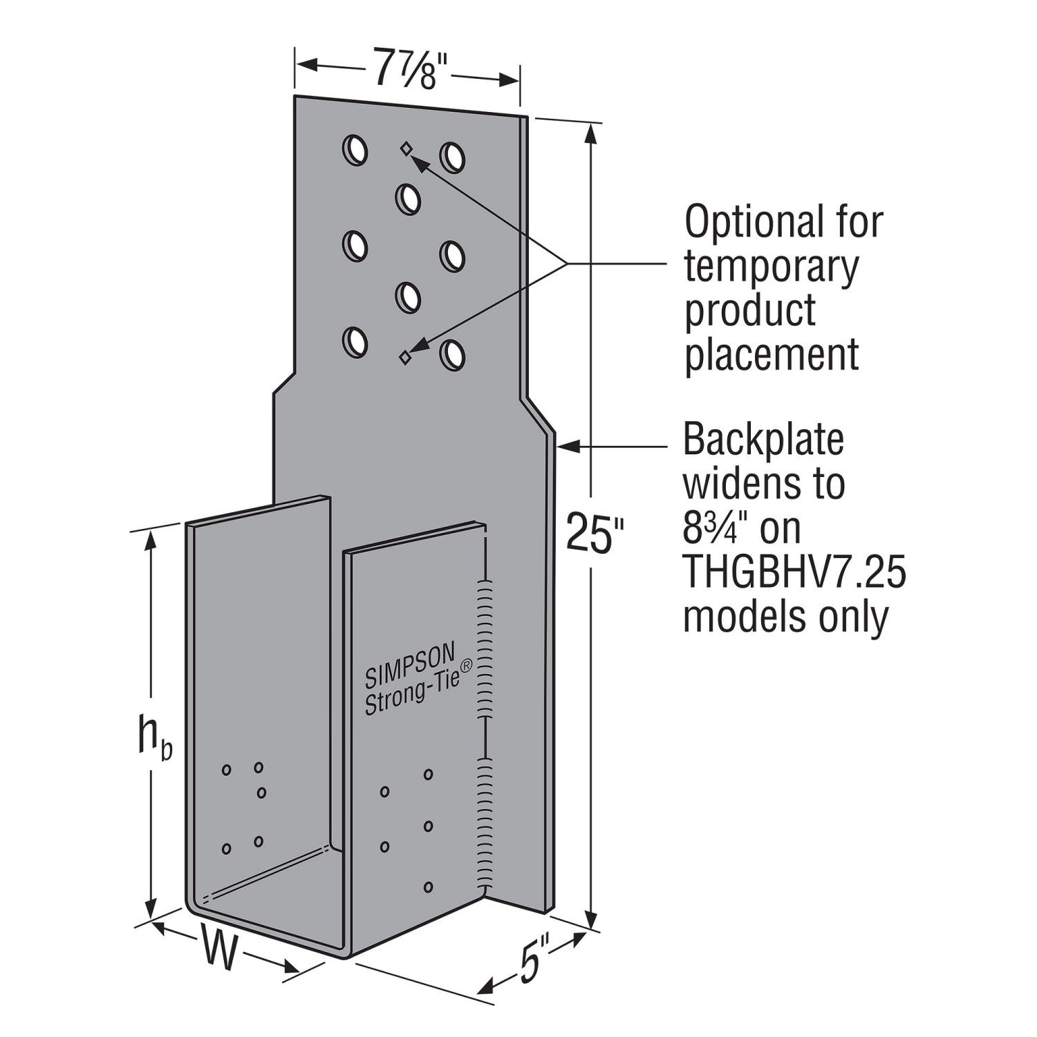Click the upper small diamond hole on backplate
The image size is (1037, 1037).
(x=406, y=147)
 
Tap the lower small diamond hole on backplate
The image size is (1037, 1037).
(x=405, y=356)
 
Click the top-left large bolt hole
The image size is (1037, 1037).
(x=355, y=149)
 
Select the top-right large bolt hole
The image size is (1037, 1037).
(x=454, y=157)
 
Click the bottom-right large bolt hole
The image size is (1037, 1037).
(x=454, y=354)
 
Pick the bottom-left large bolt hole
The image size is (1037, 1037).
(x=355, y=342)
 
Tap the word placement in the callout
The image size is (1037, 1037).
(x=772, y=355)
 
